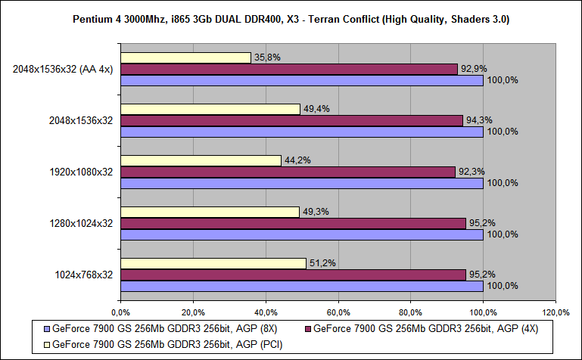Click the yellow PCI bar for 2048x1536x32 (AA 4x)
click(185, 57)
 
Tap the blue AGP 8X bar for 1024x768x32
click(301, 286)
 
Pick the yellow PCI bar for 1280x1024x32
click(210, 212)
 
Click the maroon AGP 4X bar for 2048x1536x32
click(291, 120)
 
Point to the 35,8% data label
click(265, 56)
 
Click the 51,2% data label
click(321, 262)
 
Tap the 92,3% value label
click(469, 171)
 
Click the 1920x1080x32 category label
click(80, 172)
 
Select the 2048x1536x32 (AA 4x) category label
click(63, 69)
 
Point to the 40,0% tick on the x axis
click(265, 312)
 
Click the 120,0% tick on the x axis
click(556, 312)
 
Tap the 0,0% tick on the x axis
click(120, 312)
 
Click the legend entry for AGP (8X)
click(172, 329)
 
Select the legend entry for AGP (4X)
click(425, 329)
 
